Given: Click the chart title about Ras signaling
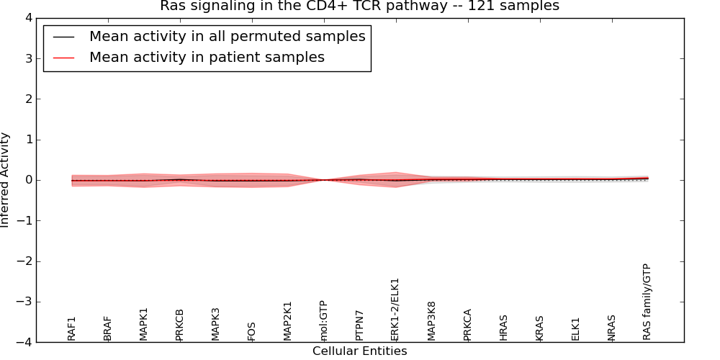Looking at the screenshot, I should tap(359, 6).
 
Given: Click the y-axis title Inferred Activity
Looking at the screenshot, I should tap(6, 180).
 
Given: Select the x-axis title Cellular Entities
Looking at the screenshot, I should tap(359, 351).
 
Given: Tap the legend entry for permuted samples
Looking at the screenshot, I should tap(227, 37).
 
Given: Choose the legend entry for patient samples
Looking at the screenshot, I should tap(207, 58).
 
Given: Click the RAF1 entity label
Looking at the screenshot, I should tap(72, 328).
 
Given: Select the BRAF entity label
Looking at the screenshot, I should tap(108, 328).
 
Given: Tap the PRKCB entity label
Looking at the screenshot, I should tap(180, 325).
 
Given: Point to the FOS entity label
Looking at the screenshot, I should tap(252, 331).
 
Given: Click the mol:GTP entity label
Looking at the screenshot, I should tap(324, 320).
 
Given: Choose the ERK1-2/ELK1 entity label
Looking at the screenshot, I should tap(395, 310).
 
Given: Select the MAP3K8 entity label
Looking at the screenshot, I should tap(432, 321).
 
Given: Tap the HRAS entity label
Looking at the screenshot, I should tap(504, 328).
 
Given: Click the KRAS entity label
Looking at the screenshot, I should tap(540, 328).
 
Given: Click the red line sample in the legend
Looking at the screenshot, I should tap(63, 58).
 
